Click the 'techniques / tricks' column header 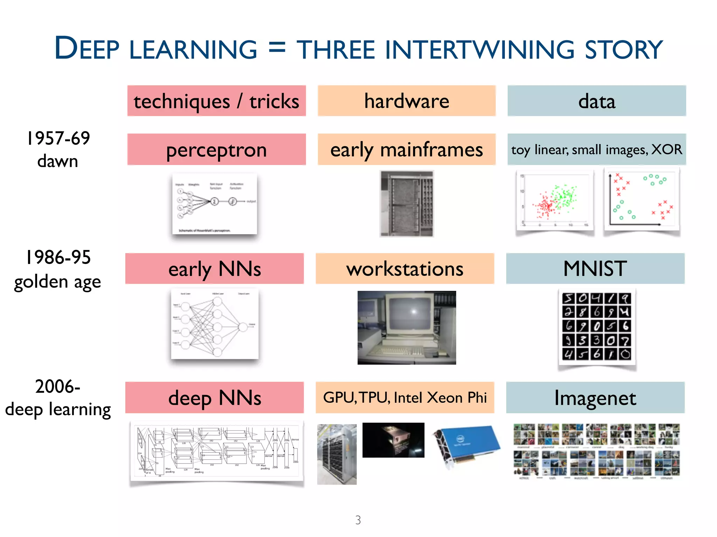tap(216, 101)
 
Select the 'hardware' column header tap(406, 101)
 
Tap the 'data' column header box tap(597, 101)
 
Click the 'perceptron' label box tap(216, 150)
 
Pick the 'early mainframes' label tap(406, 150)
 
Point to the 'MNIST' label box tap(595, 268)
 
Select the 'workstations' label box tap(405, 268)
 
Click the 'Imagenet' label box tap(595, 398)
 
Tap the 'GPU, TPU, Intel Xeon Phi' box tap(405, 398)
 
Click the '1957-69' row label tap(58, 138)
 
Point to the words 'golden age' tap(57, 282)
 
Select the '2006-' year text tap(58, 387)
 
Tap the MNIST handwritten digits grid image tap(597, 326)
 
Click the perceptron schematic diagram tap(215, 203)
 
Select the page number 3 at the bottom tap(358, 520)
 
